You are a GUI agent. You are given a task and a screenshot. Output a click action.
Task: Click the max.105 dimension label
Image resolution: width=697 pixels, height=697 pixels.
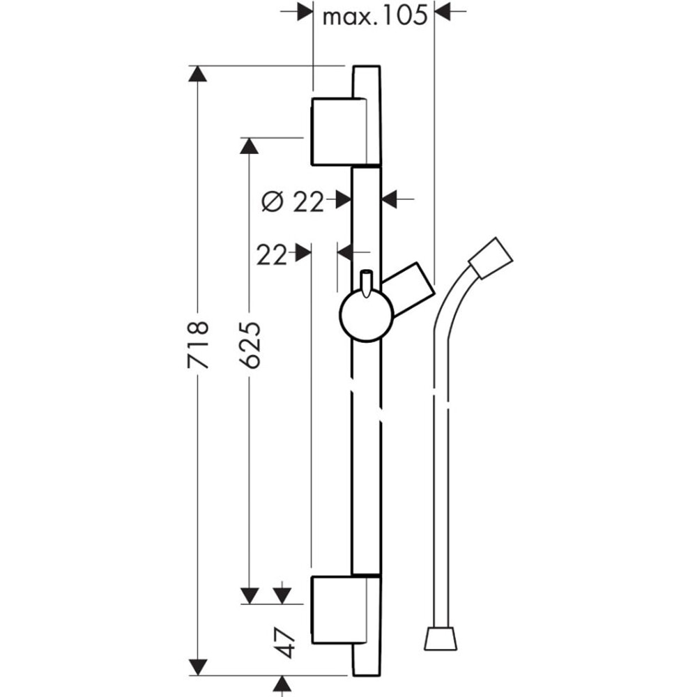click(374, 15)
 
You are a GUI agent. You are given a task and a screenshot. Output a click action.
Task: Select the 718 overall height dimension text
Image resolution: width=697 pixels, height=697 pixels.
click(199, 345)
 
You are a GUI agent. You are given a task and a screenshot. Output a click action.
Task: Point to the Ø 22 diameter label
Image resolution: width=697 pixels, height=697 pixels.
click(293, 201)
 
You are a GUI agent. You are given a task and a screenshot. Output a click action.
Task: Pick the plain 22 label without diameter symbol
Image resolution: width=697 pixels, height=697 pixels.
click(271, 256)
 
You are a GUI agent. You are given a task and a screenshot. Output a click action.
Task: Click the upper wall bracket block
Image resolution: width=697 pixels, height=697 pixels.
click(337, 132)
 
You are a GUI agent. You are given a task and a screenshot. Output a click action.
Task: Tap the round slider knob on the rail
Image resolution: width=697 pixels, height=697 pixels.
click(366, 316)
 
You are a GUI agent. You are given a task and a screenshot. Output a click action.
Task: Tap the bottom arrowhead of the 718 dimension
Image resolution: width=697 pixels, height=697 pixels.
click(199, 667)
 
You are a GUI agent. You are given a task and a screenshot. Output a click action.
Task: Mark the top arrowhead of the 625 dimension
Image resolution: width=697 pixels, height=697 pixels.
click(250, 146)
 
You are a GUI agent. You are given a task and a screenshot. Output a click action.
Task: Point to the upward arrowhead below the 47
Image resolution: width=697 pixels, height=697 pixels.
click(282, 684)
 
